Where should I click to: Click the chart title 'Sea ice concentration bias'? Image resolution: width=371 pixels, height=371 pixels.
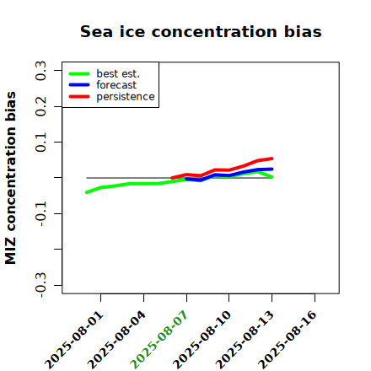click(x=201, y=31)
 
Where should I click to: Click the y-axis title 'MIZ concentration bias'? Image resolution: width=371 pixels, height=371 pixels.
click(x=10, y=178)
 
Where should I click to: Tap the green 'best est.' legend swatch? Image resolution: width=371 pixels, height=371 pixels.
click(x=79, y=74)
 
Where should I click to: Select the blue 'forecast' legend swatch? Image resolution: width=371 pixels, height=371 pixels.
click(x=79, y=85)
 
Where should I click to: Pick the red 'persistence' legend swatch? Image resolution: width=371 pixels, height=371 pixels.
click(x=79, y=97)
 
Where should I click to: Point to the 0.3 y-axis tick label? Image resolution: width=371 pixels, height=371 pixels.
click(x=40, y=71)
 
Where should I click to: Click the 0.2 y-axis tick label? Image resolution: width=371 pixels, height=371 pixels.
click(x=40, y=106)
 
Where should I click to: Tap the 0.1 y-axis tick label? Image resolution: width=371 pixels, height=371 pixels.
click(x=40, y=142)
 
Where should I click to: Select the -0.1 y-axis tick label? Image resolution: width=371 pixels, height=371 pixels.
click(x=40, y=214)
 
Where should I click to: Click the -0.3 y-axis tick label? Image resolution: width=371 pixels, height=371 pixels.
click(x=40, y=285)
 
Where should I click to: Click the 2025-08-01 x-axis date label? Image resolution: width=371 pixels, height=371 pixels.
click(x=74, y=340)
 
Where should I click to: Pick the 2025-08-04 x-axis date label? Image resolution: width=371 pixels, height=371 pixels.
click(x=117, y=340)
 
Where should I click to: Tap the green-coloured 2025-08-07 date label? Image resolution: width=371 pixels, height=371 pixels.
click(x=159, y=340)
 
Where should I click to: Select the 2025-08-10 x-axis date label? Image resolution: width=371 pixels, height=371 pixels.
click(x=202, y=340)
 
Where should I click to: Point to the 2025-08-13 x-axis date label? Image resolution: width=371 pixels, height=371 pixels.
click(x=245, y=340)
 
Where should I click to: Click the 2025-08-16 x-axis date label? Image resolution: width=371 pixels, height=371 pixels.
click(x=288, y=340)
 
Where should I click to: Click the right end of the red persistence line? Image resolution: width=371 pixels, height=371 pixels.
click(x=272, y=159)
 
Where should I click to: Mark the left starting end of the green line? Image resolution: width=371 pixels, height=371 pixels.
click(x=87, y=192)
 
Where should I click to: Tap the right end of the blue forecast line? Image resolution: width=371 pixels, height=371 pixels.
click(x=272, y=169)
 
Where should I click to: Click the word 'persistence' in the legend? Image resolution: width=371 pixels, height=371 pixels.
click(x=126, y=97)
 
